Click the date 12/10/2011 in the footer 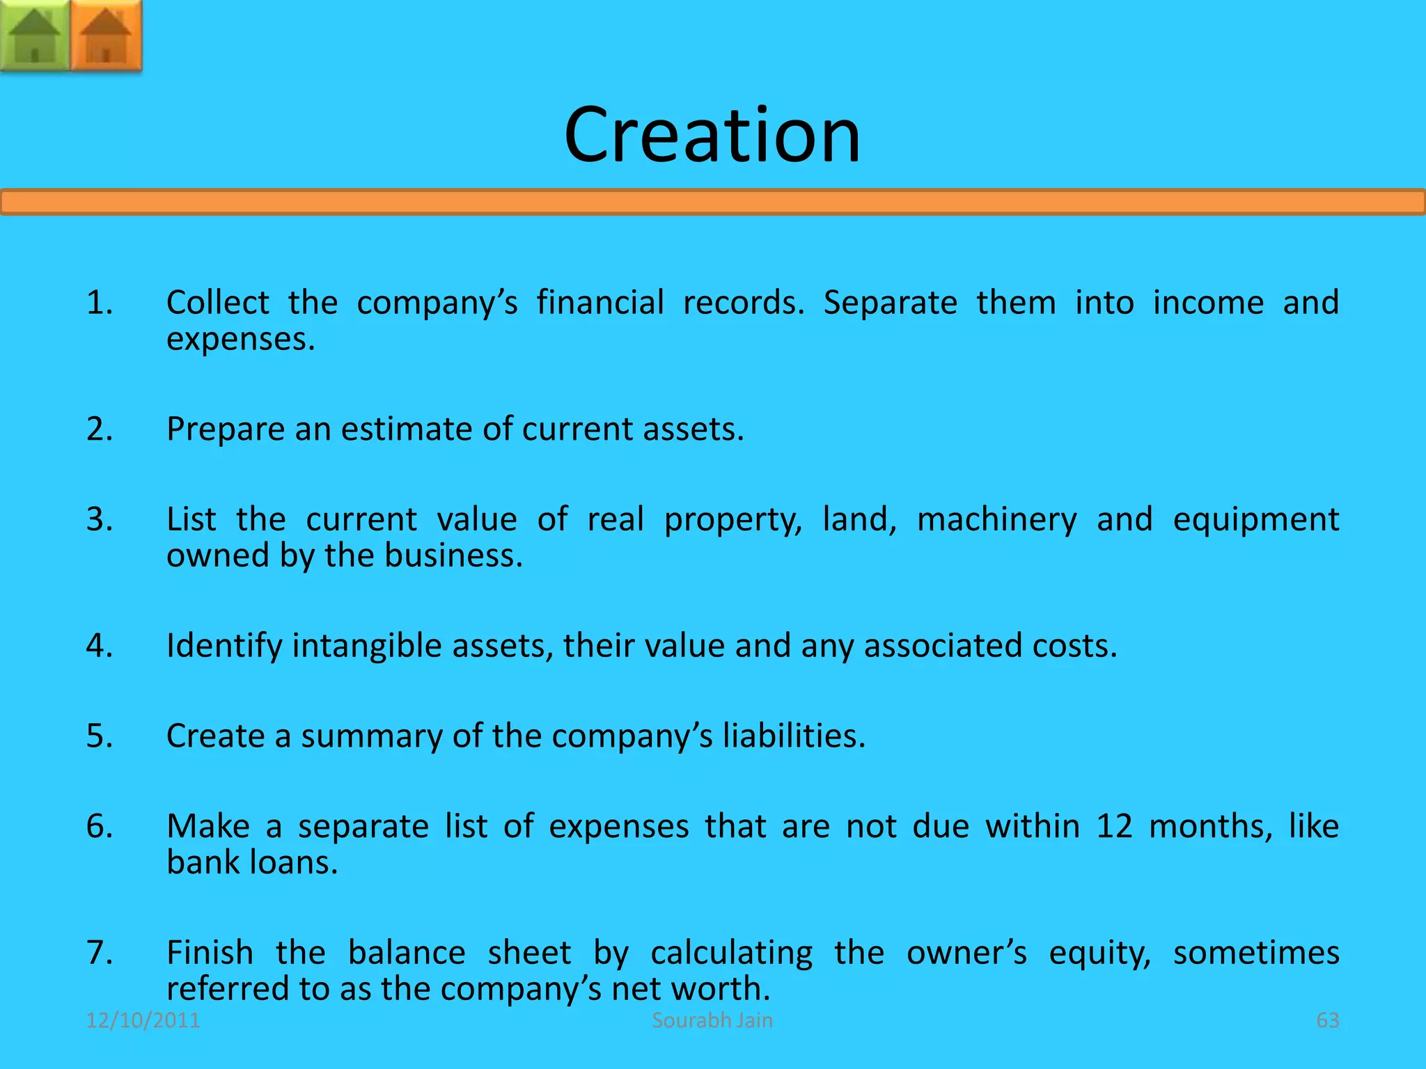point(143,1020)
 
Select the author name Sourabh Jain point(712,1020)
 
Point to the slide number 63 point(1327,1020)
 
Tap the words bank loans point(252,863)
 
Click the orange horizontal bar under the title point(712,203)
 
